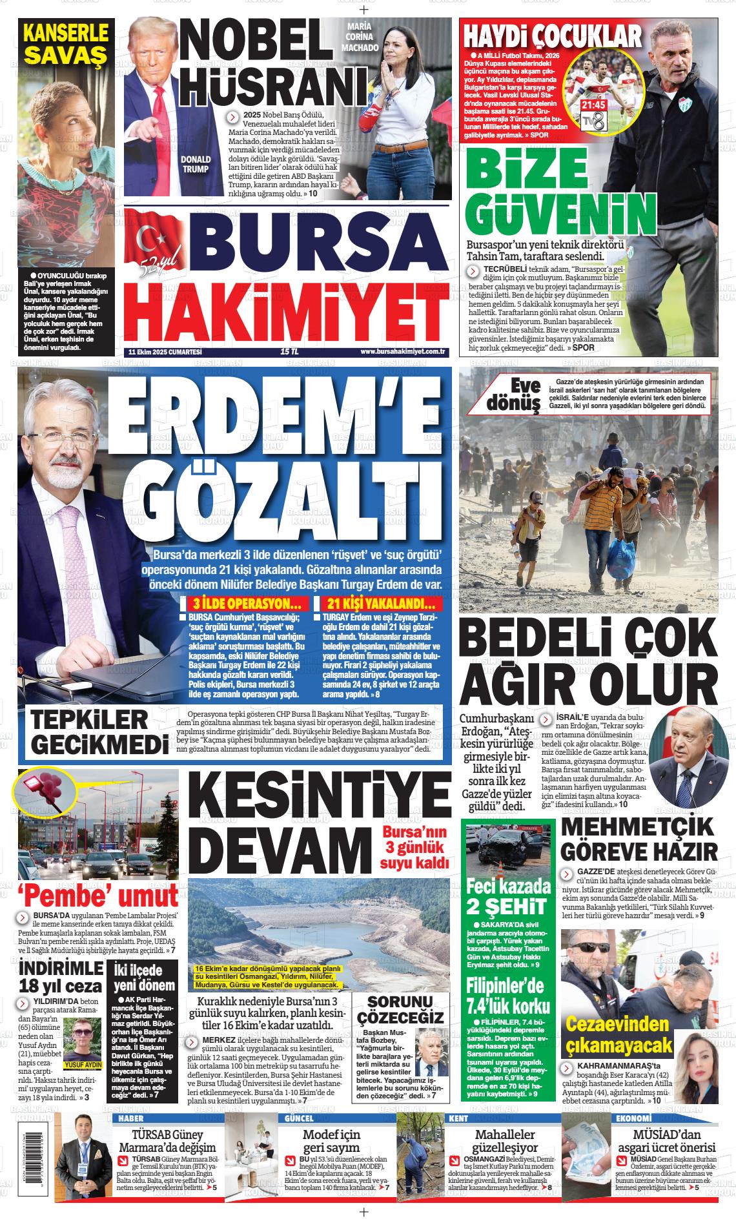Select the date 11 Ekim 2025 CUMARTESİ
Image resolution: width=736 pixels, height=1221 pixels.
tap(165, 351)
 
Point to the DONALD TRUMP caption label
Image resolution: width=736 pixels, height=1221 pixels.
tap(196, 164)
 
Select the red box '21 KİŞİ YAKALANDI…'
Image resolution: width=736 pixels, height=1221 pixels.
tap(381, 605)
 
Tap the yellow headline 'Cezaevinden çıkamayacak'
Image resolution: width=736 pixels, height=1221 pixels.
tap(617, 1033)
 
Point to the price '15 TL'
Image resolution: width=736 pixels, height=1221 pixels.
tap(289, 351)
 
